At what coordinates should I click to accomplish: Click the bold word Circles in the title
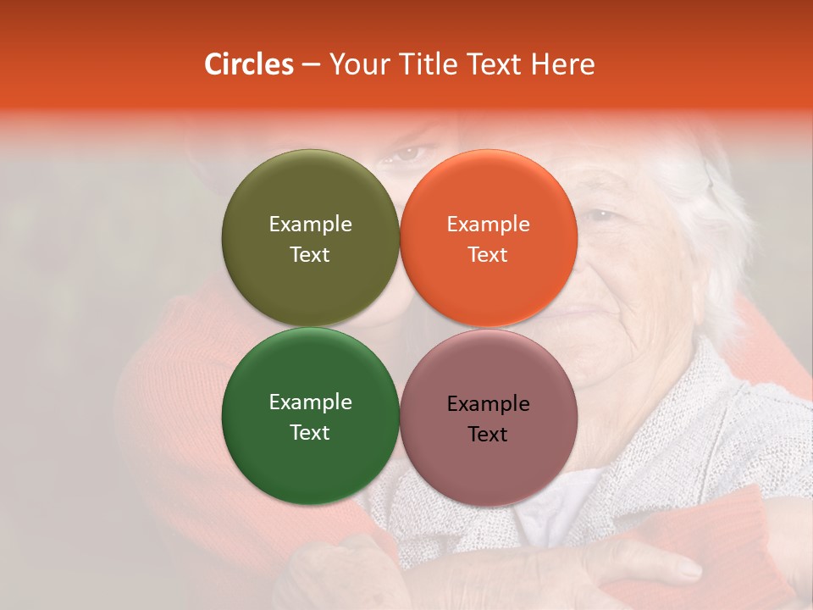click(x=249, y=64)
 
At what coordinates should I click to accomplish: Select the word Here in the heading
click(x=562, y=64)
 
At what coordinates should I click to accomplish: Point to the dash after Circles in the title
click(x=311, y=65)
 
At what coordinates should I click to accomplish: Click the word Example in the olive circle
click(x=310, y=224)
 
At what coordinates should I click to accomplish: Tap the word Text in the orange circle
click(x=488, y=254)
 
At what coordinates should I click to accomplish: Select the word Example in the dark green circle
click(x=310, y=402)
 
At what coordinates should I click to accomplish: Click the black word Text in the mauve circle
click(x=488, y=434)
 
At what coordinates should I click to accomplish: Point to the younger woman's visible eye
click(x=411, y=154)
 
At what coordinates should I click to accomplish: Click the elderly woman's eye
click(x=601, y=214)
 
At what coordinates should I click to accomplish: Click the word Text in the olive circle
click(x=310, y=254)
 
